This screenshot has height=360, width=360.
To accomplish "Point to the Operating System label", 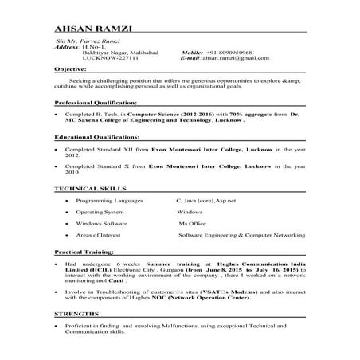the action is [100, 213].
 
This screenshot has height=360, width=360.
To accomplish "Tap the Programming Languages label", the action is [110, 202].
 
